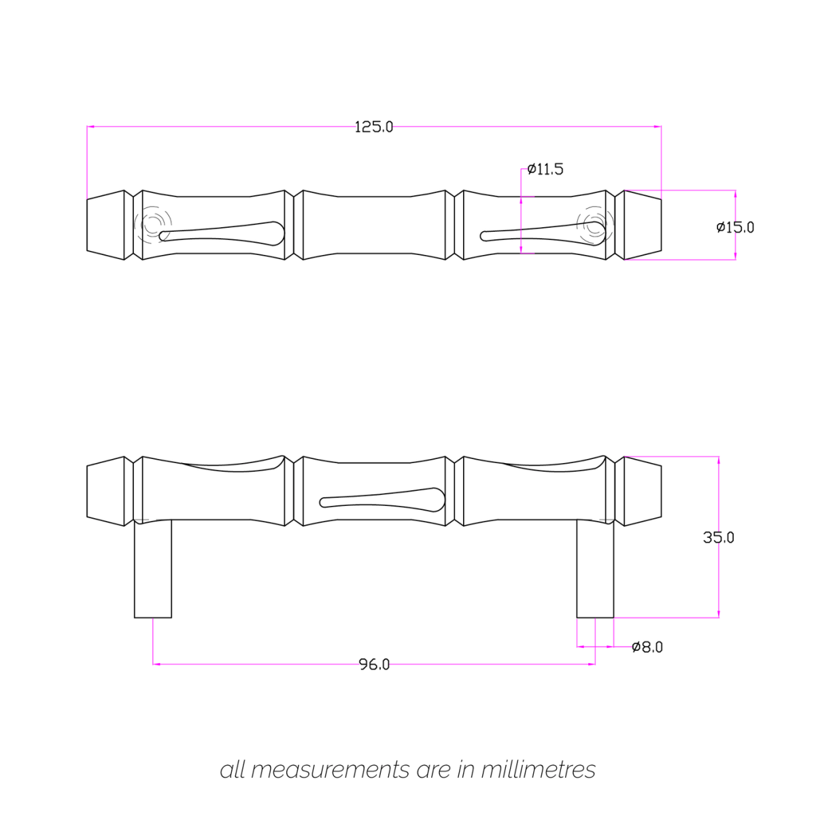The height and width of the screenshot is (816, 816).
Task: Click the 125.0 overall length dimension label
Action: click(373, 126)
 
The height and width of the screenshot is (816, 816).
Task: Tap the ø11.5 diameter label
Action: click(545, 169)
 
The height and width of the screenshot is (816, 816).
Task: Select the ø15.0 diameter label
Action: click(735, 227)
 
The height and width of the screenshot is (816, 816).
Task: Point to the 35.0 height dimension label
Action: click(719, 537)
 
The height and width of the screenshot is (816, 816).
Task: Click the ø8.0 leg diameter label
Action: click(647, 647)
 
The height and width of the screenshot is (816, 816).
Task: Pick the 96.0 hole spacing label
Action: click(374, 664)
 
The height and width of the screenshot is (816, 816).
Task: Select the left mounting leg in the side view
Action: click(153, 568)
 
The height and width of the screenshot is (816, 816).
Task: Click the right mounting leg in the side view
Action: click(595, 568)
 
